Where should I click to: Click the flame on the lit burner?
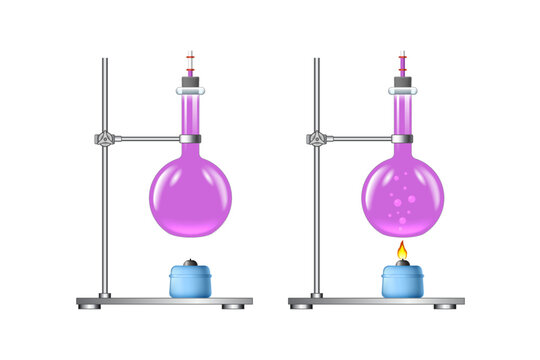tap(402, 250)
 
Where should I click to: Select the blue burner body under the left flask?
tap(190, 282)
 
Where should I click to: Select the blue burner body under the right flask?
tap(402, 282)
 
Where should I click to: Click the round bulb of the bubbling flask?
tap(402, 195)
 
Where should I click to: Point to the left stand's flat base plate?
tap(165, 300)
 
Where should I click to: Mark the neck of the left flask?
tap(190, 112)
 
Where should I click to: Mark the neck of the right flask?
tap(402, 112)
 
